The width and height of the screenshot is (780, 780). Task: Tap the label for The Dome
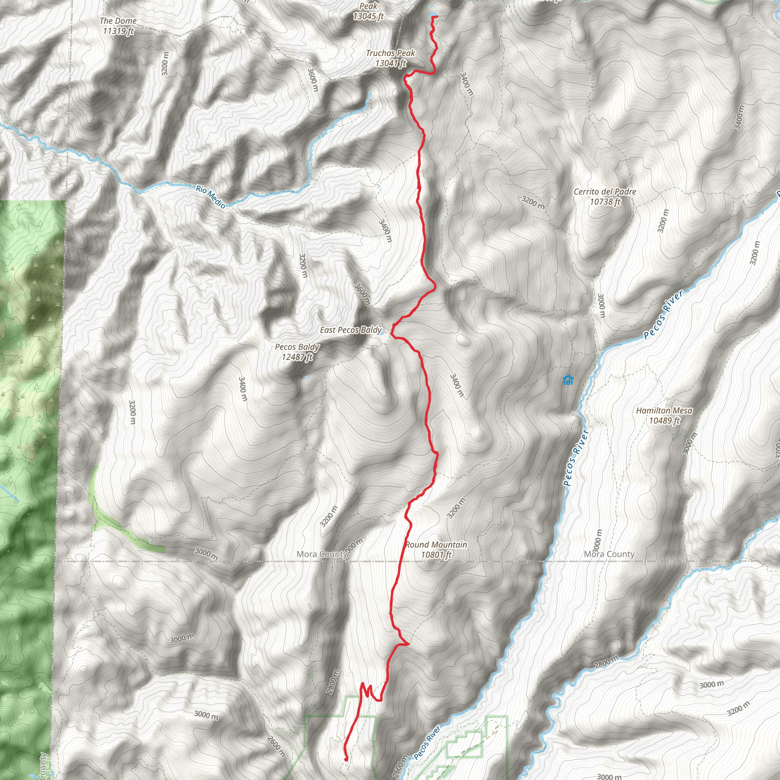click(x=118, y=21)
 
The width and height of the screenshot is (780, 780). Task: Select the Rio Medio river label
click(x=210, y=197)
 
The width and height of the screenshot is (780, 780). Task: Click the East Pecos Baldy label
click(x=350, y=330)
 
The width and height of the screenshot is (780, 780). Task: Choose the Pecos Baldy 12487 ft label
click(x=297, y=352)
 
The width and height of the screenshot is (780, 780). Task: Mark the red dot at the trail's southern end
click(x=346, y=759)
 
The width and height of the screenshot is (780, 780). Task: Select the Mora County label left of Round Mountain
click(x=322, y=554)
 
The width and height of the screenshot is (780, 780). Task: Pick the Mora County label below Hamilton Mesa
click(x=609, y=554)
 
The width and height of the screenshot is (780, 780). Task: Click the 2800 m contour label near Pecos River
click(x=606, y=661)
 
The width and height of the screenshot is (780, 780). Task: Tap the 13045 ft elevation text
click(x=368, y=16)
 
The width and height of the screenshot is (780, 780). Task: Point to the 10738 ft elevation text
click(x=605, y=201)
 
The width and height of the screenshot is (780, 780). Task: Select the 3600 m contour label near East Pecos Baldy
click(x=362, y=294)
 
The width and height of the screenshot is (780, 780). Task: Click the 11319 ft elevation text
click(x=118, y=31)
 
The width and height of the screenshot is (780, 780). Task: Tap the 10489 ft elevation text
click(x=664, y=421)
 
